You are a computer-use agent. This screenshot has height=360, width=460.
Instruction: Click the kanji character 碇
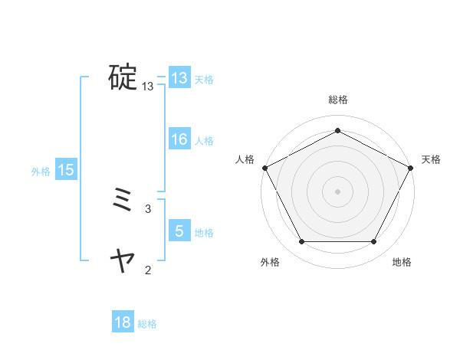pyautogui.click(x=123, y=78)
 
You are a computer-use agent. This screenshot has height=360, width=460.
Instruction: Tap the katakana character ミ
pyautogui.click(x=123, y=201)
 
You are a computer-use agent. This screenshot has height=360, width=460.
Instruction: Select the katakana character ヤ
pyautogui.click(x=123, y=262)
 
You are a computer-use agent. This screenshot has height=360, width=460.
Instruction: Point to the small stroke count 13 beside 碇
pyautogui.click(x=148, y=87)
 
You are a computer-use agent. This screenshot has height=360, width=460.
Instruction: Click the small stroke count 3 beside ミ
pyautogui.click(x=148, y=208)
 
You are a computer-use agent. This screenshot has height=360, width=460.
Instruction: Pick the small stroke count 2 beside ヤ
pyautogui.click(x=148, y=270)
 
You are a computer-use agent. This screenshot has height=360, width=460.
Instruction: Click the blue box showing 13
pyautogui.click(x=179, y=78)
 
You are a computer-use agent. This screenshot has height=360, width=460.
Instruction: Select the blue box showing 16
pyautogui.click(x=179, y=139)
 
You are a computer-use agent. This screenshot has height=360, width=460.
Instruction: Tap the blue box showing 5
pyautogui.click(x=179, y=231)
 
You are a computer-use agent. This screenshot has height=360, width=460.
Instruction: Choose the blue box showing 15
pyautogui.click(x=66, y=170)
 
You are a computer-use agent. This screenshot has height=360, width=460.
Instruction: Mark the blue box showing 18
pyautogui.click(x=123, y=322)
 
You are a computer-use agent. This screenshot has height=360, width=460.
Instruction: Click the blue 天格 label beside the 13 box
pyautogui.click(x=204, y=80)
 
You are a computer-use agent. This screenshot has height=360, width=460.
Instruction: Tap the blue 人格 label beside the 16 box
pyautogui.click(x=204, y=141)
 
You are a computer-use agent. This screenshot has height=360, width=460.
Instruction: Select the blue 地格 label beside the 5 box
pyautogui.click(x=204, y=233)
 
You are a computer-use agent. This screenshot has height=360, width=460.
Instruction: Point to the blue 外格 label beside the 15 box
pyautogui.click(x=41, y=172)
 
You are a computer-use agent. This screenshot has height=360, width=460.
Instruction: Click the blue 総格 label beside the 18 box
pyautogui.click(x=147, y=324)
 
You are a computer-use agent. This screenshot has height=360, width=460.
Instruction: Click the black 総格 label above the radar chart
pyautogui.click(x=337, y=100)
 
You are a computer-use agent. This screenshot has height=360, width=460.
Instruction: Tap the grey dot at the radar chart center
pyautogui.click(x=337, y=191)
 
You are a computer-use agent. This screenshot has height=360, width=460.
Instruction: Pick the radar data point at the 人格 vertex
pyautogui.click(x=264, y=168)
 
